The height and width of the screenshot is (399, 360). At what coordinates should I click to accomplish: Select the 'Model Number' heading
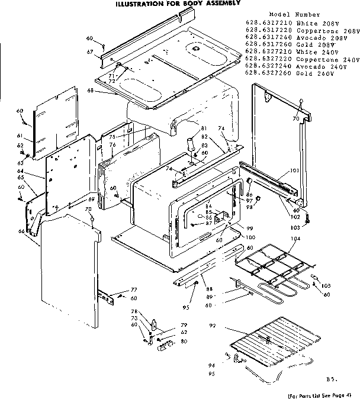[294, 14]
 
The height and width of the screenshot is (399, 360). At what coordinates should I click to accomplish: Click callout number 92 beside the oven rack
[211, 326]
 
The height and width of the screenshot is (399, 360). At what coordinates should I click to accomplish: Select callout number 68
[91, 90]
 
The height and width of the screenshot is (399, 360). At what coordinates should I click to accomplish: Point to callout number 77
[133, 289]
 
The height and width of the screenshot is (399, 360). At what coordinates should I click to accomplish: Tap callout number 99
[250, 229]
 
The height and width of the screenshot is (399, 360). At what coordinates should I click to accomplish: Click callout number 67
[91, 53]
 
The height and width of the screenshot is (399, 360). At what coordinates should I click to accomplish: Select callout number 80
[184, 342]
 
